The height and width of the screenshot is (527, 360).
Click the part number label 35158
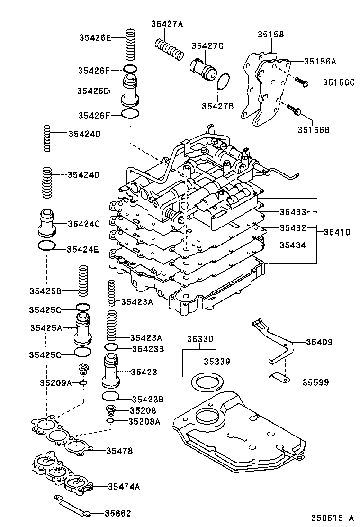(271, 35)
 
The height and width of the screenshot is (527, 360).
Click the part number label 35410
(337, 232)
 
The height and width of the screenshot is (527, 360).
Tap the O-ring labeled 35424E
(46, 246)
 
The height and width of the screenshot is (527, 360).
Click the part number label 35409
(319, 342)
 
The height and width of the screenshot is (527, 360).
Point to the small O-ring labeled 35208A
(110, 421)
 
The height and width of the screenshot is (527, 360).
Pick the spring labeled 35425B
(83, 282)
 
